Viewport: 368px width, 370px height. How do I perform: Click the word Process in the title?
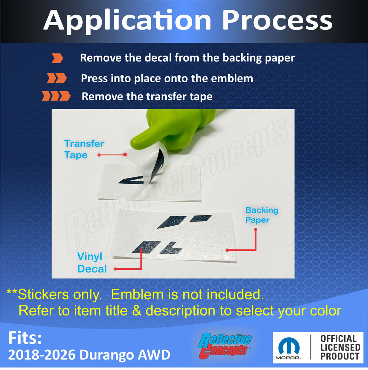pos(277,20)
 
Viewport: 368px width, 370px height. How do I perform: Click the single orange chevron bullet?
pos(57,58)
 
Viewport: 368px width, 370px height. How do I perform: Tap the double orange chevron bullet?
pos(57,78)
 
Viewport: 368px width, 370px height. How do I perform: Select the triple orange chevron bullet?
pos(56,96)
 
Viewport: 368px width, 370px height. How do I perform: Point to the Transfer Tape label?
pos(84,149)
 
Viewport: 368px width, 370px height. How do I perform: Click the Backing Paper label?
pos(262,215)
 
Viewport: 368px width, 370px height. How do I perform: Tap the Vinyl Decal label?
pos(92,263)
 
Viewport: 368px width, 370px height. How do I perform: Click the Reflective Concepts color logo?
pos(225,346)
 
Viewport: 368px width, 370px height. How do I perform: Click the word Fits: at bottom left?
pos(25,338)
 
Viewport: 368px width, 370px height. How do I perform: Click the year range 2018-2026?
pos(42,355)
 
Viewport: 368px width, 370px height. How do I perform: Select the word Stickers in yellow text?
pos(60,295)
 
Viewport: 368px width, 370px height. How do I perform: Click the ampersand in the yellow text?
pos(137,310)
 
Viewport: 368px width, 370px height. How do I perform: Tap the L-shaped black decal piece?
pos(171,248)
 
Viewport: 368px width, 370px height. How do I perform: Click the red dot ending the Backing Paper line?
pos(227,250)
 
